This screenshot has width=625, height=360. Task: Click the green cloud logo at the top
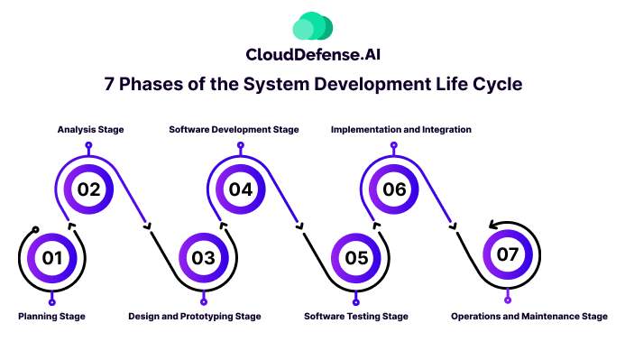tap(312, 26)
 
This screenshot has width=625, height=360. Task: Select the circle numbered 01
tap(52, 258)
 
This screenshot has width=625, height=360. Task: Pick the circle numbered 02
tap(88, 189)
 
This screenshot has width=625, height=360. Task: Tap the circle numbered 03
tap(204, 258)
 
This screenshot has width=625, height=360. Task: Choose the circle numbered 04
tap(241, 189)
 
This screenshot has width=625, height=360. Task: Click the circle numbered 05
tap(356, 258)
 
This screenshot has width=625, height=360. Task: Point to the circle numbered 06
tap(394, 189)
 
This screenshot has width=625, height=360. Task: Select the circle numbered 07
tap(508, 254)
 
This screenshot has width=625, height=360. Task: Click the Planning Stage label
tap(51, 317)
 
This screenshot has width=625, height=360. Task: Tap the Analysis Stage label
tap(87, 130)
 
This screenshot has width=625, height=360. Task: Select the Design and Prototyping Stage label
tap(194, 317)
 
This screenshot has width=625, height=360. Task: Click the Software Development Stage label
tap(234, 130)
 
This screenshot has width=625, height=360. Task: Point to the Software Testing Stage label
tap(356, 317)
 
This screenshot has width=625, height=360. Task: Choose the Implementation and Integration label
tap(401, 130)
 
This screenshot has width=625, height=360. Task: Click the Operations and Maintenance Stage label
tap(529, 317)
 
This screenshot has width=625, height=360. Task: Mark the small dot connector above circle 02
tap(88, 145)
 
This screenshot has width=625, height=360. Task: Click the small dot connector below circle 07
tap(508, 299)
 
